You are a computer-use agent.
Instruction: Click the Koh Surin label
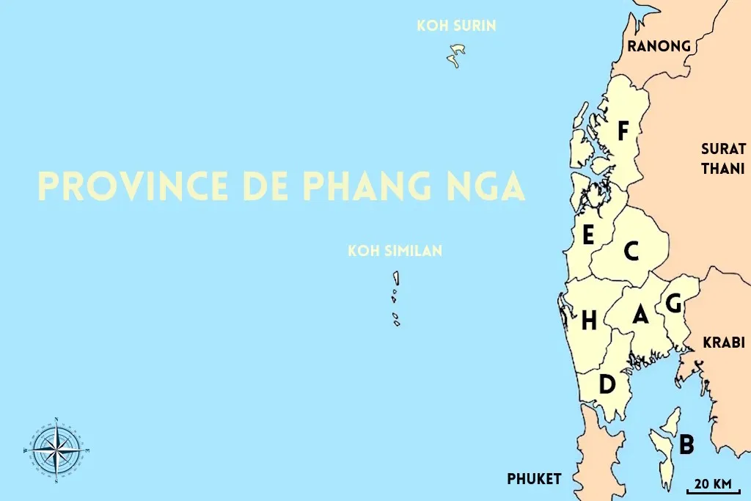point(456,26)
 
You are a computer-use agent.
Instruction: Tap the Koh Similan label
point(395,252)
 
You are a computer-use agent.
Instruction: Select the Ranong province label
point(659,46)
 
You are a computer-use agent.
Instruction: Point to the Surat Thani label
point(723,158)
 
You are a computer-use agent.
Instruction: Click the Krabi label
point(723,343)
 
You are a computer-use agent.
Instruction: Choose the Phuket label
point(534,479)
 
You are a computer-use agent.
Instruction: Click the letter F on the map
point(623,131)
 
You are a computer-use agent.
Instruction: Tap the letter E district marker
point(587,236)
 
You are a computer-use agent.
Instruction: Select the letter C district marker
point(631,252)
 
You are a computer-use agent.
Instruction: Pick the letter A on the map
point(640,315)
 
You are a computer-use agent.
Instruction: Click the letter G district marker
point(673,302)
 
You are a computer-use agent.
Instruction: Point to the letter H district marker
point(589,321)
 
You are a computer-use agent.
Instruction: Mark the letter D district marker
point(607,384)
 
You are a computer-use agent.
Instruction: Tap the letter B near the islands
point(686,445)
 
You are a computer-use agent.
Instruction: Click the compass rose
point(56,449)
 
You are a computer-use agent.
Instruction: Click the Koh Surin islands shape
point(458,54)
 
